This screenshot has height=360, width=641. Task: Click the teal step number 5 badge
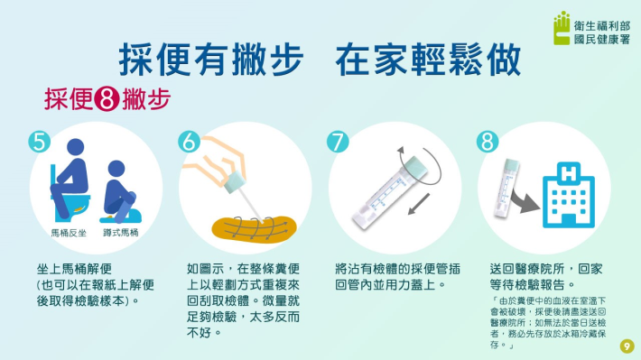(40, 142)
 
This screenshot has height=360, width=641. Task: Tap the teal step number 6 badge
(190, 142)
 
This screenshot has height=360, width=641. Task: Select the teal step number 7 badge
(338, 142)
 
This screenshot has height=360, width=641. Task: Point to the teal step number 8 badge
(488, 142)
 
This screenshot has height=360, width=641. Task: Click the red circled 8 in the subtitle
(107, 99)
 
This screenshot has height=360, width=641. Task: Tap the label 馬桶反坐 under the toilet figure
(69, 234)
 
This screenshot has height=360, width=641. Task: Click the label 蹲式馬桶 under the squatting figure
(121, 233)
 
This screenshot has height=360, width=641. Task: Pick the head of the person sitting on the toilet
(76, 147)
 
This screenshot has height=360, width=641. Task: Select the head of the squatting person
(116, 169)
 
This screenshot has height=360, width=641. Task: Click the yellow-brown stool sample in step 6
(255, 230)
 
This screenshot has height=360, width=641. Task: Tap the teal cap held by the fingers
(235, 181)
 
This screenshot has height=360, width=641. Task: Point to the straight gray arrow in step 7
(419, 204)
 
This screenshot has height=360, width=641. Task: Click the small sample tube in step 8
(506, 188)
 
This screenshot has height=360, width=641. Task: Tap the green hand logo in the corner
(562, 28)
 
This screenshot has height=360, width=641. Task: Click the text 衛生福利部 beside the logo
(602, 26)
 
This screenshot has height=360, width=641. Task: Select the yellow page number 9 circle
(627, 346)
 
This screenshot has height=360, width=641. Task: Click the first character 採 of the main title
(135, 60)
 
